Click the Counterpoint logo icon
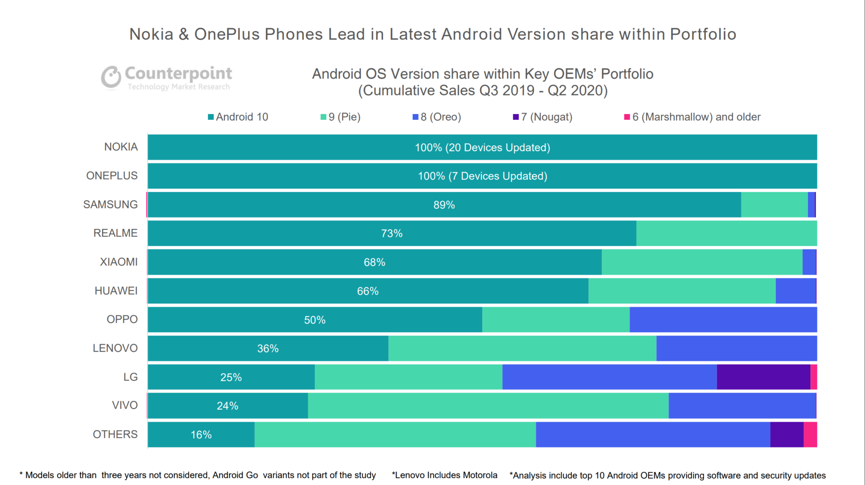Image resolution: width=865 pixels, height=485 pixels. click(x=111, y=77)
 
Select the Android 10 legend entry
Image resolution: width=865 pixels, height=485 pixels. click(x=238, y=117)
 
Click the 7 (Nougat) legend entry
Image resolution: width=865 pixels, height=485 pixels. click(x=543, y=117)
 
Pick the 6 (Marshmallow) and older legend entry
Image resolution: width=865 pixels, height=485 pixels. click(x=692, y=117)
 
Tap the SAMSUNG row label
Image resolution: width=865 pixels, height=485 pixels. click(x=110, y=204)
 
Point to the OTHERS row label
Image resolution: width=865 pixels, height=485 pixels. click(x=115, y=434)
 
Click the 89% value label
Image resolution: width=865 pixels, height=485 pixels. click(x=444, y=205)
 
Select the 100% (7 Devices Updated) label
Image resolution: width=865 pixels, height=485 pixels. click(x=482, y=176)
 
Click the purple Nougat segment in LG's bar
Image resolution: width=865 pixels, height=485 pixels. click(x=763, y=377)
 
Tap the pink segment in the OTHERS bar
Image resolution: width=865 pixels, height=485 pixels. click(x=810, y=434)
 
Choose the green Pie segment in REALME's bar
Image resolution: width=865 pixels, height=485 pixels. click(x=726, y=233)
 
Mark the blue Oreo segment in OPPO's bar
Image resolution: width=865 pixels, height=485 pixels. click(x=723, y=320)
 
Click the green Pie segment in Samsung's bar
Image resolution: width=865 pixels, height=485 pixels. click(x=774, y=205)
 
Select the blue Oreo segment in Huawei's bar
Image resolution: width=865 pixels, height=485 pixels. click(x=796, y=291)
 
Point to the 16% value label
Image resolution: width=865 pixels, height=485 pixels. click(x=201, y=435)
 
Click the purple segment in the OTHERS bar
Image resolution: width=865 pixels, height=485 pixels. click(x=786, y=434)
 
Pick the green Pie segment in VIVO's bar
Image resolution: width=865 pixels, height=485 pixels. click(x=488, y=406)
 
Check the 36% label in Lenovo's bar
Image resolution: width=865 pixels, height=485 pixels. click(x=268, y=349)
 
